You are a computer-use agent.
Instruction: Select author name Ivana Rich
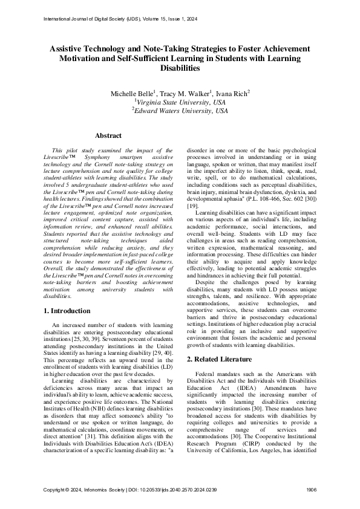[x=232, y=94]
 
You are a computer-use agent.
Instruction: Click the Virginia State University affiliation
[x=180, y=102]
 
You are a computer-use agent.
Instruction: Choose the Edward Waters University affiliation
[x=180, y=111]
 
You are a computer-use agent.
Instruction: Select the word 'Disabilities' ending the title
[x=180, y=68]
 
